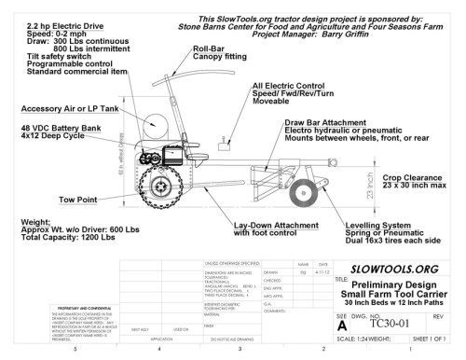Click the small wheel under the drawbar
pyautogui.click(x=301, y=192)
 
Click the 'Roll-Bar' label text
pyautogui.click(x=208, y=49)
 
